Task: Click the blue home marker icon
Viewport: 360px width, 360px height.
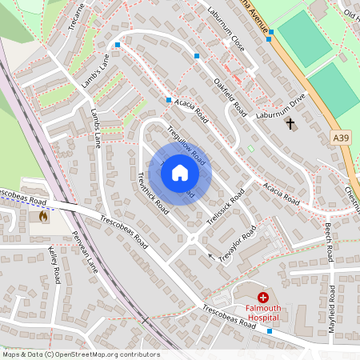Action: coord(180,173)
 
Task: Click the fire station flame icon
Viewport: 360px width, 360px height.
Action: coord(42,216)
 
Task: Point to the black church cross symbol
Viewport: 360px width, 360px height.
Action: coord(290,124)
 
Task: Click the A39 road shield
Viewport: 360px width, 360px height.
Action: coord(341,138)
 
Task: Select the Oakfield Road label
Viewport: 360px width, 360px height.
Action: coord(229,94)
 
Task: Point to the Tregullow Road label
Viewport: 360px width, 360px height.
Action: coord(186,145)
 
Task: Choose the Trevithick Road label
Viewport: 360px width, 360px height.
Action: coord(152,191)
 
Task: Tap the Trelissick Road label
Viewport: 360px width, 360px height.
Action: coord(226,210)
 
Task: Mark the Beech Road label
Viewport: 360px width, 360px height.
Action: coord(328,242)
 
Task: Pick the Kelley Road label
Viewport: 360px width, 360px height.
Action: coord(55,265)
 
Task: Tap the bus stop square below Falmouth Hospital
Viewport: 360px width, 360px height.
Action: coord(270,330)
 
